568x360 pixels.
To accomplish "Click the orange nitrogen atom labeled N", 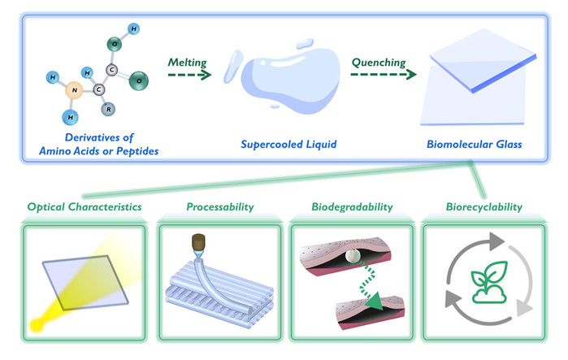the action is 74,90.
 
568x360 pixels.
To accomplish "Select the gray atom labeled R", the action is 108,109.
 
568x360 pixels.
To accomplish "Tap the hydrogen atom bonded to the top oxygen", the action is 133,28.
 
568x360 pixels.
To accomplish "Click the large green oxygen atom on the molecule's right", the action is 139,80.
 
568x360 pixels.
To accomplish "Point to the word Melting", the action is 187,63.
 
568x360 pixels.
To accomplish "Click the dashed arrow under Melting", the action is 189,75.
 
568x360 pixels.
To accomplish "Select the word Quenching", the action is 379,63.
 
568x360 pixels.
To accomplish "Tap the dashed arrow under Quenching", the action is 384,74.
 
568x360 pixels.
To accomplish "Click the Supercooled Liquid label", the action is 288,145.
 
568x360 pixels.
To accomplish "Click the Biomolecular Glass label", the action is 475,144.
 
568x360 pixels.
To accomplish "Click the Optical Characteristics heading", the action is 85,206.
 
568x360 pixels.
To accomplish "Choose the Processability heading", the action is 220,206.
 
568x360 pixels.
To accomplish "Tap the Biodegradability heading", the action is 352,206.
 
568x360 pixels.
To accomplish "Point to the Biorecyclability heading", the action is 484,206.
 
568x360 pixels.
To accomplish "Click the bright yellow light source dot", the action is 37,325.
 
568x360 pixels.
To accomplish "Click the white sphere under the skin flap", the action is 352,256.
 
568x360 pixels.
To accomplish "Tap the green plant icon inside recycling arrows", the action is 488,282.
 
